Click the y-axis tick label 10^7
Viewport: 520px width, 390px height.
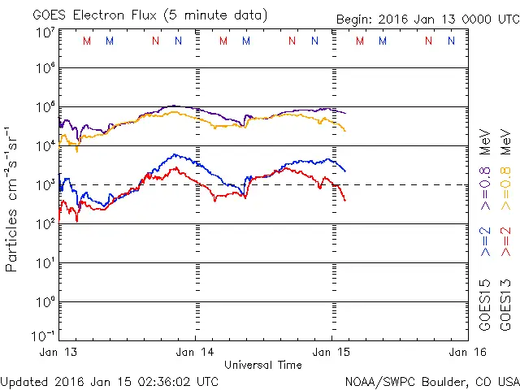tap(45, 32)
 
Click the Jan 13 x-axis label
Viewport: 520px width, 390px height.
tap(59, 352)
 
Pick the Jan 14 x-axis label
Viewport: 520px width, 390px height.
tap(195, 352)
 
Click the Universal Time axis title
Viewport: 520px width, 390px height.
tap(262, 365)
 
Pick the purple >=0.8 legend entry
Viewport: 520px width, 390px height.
tap(486, 171)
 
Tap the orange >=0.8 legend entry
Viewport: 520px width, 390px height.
tap(506, 171)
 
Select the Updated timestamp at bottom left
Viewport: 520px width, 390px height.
tap(110, 380)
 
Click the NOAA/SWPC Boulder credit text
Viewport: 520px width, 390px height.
tap(431, 380)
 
